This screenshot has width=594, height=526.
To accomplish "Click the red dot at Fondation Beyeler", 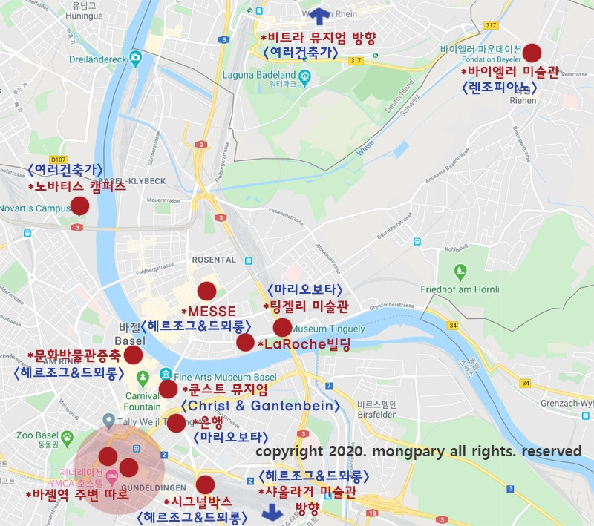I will click(x=532, y=53).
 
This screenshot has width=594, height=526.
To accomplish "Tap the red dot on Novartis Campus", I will click(x=79, y=206).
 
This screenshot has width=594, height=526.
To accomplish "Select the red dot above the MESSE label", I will click(x=206, y=292).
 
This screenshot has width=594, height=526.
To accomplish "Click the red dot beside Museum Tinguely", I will click(x=282, y=327).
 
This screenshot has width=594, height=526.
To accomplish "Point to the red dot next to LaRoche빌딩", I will click(x=245, y=342).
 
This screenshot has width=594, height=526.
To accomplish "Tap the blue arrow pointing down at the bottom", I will click(x=271, y=512).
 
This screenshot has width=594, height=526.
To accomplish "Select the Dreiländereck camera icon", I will click(x=136, y=57).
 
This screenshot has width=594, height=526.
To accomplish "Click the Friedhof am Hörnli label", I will click(x=459, y=289).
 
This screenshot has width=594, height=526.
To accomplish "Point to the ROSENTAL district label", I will click(x=214, y=260).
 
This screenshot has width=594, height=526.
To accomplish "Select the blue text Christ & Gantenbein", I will click(x=259, y=406).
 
